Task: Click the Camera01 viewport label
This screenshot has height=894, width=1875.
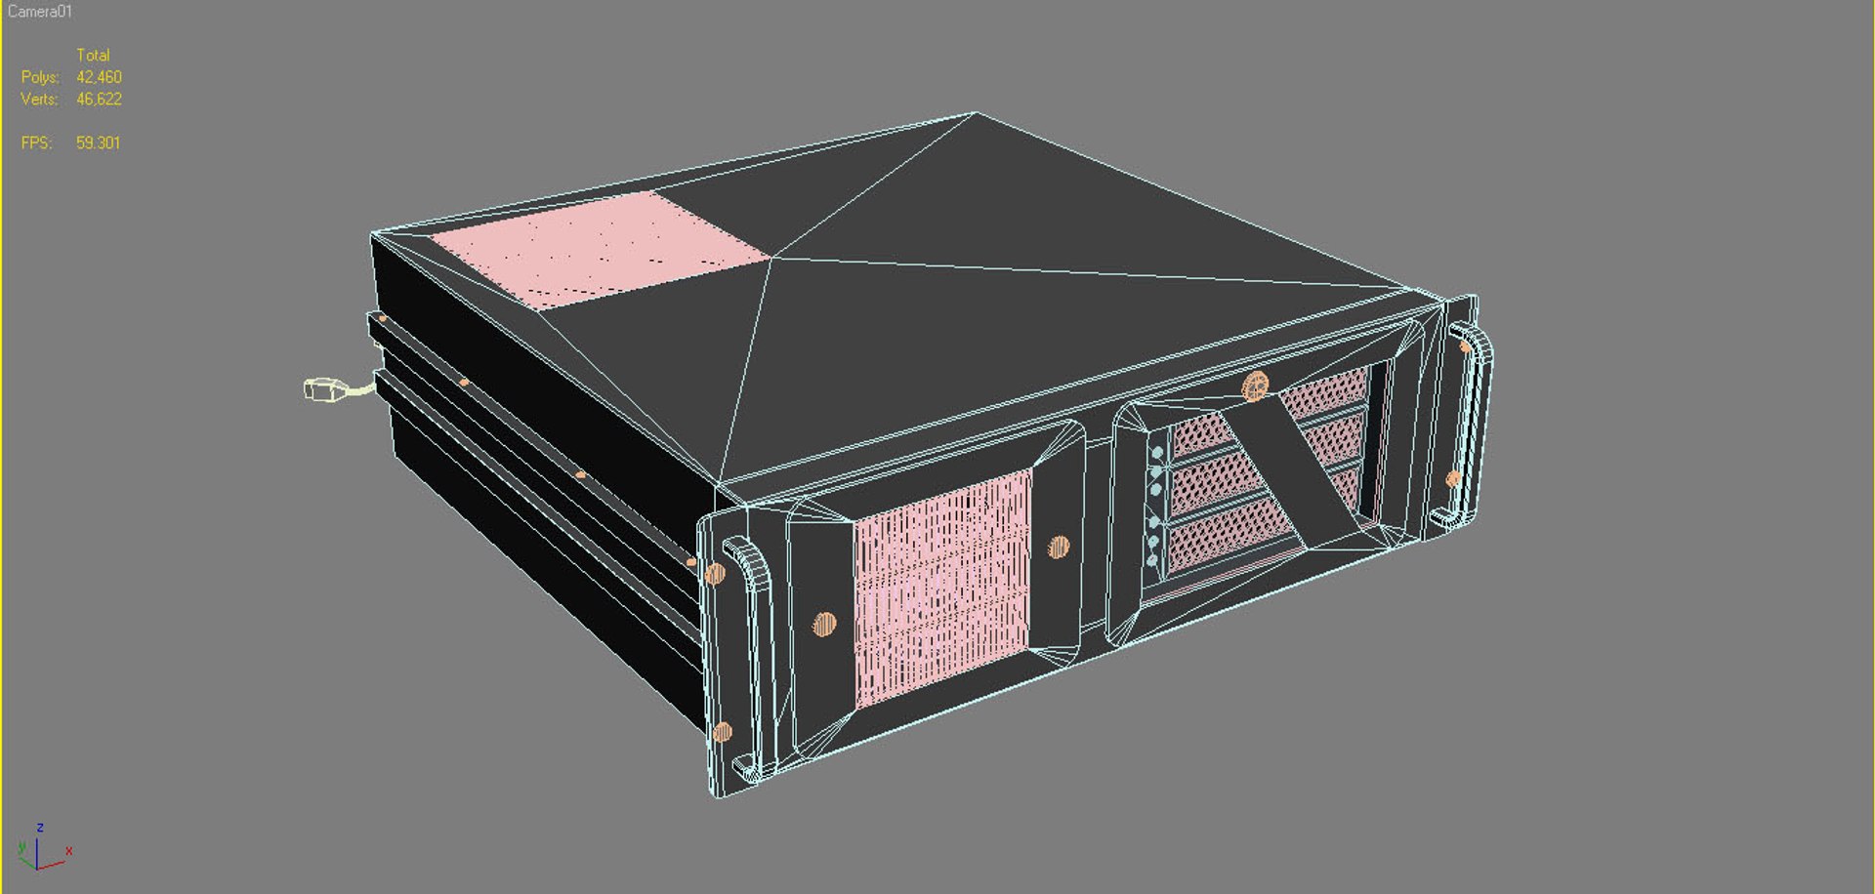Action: pyautogui.click(x=40, y=12)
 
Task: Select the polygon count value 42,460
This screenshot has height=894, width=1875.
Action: pyautogui.click(x=99, y=77)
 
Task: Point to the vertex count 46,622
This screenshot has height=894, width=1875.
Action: pyautogui.click(x=99, y=100)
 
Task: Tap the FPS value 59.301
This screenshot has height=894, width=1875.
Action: pyautogui.click(x=98, y=142)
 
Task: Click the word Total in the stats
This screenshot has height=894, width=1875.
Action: pyautogui.click(x=93, y=56)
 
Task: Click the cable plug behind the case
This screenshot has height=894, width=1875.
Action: pyautogui.click(x=324, y=389)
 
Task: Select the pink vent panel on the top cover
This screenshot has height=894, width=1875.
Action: pyautogui.click(x=598, y=249)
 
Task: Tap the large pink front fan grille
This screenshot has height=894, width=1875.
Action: pyautogui.click(x=941, y=588)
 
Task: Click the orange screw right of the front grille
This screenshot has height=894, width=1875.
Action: pyautogui.click(x=1059, y=547)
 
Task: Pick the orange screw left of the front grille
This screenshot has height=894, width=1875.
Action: pyautogui.click(x=824, y=623)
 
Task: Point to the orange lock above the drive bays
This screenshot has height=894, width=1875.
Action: pyautogui.click(x=1255, y=386)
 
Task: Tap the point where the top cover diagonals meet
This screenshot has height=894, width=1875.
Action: pyautogui.click(x=771, y=258)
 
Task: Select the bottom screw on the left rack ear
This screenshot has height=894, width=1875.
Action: pyautogui.click(x=723, y=732)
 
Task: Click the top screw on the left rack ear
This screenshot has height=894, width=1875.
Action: pyautogui.click(x=715, y=573)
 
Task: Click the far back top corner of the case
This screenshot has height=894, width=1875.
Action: pyautogui.click(x=975, y=113)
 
